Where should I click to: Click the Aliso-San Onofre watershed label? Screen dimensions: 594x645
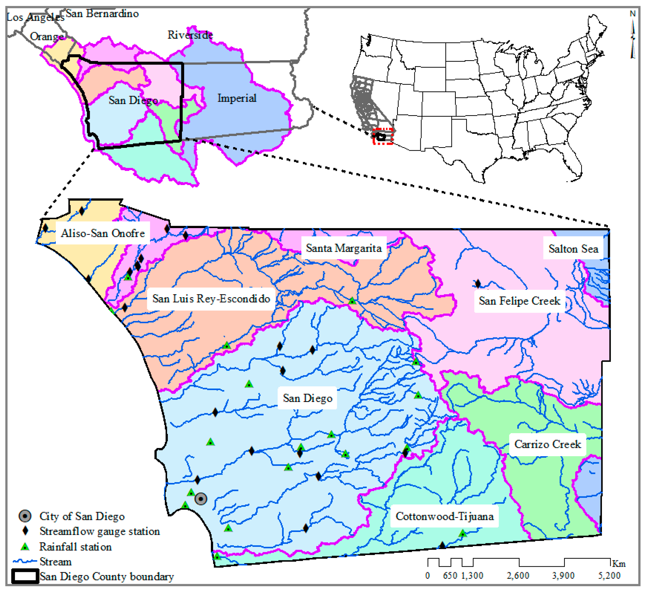[x=103, y=233]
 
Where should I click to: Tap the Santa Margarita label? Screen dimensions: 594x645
[x=343, y=248]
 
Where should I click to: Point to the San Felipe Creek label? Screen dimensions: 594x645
[x=519, y=301]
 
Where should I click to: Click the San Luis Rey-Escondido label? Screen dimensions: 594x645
[x=211, y=299]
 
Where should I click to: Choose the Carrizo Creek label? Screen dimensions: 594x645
[x=547, y=444]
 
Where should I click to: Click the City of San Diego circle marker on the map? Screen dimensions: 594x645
[x=201, y=499]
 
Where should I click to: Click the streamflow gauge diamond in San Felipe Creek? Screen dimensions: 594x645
[x=478, y=283]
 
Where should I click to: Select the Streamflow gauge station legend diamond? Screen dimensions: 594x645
[x=25, y=531]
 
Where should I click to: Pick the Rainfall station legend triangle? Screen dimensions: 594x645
[x=25, y=547]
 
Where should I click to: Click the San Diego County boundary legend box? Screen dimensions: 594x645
[x=25, y=576]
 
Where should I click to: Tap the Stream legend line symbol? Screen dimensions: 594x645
[x=25, y=561]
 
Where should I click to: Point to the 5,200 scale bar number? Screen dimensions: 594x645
[x=609, y=576]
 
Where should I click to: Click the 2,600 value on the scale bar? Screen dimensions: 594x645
[x=518, y=576]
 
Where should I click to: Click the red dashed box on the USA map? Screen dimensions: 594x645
[x=383, y=136]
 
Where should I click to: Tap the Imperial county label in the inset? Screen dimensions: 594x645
[x=237, y=98]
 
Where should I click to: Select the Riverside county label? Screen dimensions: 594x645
[x=190, y=35]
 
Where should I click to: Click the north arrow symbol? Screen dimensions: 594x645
[x=633, y=39]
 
